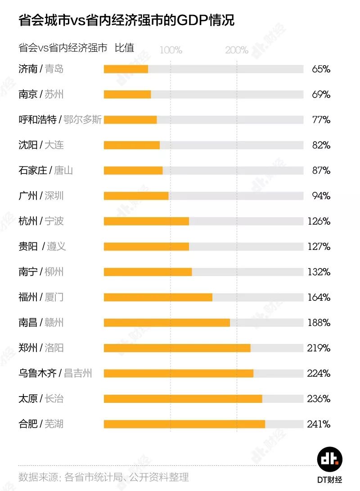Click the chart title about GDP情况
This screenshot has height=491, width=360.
(x=126, y=20)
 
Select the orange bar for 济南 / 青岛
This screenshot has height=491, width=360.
(x=126, y=69)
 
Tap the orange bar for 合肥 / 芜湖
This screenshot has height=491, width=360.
(x=184, y=424)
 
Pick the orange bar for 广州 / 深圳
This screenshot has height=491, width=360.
(x=136, y=196)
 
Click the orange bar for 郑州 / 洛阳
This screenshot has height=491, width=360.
(x=177, y=348)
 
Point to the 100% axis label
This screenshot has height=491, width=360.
(x=171, y=50)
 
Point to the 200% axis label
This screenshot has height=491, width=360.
(x=237, y=50)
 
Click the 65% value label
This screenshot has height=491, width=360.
(x=321, y=69)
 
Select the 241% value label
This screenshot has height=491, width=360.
(x=319, y=424)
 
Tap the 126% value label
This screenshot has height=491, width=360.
(x=319, y=221)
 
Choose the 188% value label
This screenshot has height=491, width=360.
(x=319, y=323)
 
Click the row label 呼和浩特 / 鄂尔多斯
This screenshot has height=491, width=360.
(x=60, y=120)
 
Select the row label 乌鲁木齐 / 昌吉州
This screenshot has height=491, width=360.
(x=55, y=373)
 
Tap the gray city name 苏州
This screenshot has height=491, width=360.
(x=54, y=94)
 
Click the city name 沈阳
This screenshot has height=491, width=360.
(x=28, y=145)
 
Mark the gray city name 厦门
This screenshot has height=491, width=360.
(x=54, y=297)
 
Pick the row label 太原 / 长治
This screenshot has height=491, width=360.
(x=41, y=398)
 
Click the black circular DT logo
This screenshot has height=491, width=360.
(x=330, y=459)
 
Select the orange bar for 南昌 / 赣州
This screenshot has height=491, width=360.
(x=166, y=323)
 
